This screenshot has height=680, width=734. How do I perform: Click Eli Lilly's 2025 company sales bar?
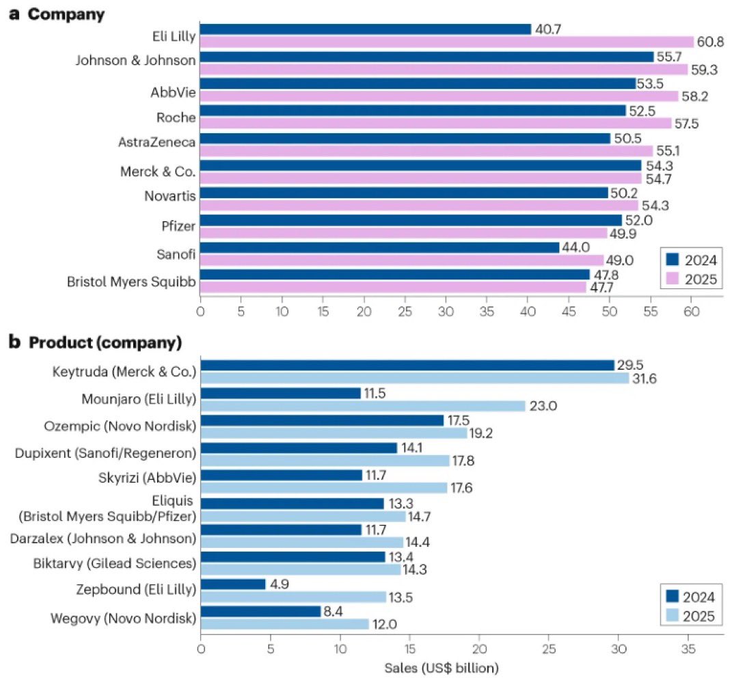(447, 42)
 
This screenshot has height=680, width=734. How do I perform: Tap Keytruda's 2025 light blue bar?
(415, 378)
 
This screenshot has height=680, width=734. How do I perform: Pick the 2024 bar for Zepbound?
(233, 584)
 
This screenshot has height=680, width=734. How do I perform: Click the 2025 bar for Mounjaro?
(363, 405)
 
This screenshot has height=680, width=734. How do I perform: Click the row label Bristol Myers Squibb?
(131, 281)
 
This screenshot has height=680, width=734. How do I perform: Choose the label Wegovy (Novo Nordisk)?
(124, 618)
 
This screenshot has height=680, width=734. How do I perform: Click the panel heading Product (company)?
(105, 342)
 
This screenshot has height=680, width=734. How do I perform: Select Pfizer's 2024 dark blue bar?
(411, 220)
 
